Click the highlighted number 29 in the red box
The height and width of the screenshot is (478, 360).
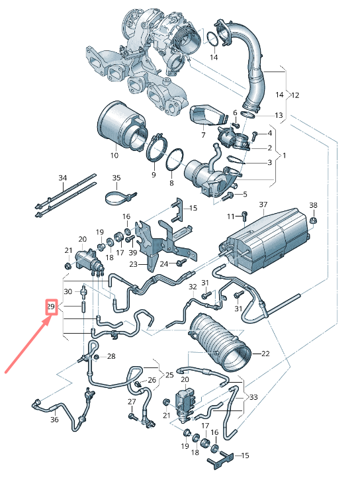tap(50, 307)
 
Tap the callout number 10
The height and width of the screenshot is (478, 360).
tap(114, 156)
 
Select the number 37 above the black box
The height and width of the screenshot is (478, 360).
tap(263, 204)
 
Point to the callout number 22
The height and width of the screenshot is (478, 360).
tap(265, 354)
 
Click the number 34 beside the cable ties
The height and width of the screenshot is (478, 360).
tap(63, 178)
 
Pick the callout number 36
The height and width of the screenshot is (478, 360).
tap(54, 419)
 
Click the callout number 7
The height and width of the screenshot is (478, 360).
tap(203, 136)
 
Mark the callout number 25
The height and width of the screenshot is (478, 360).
tap(169, 375)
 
